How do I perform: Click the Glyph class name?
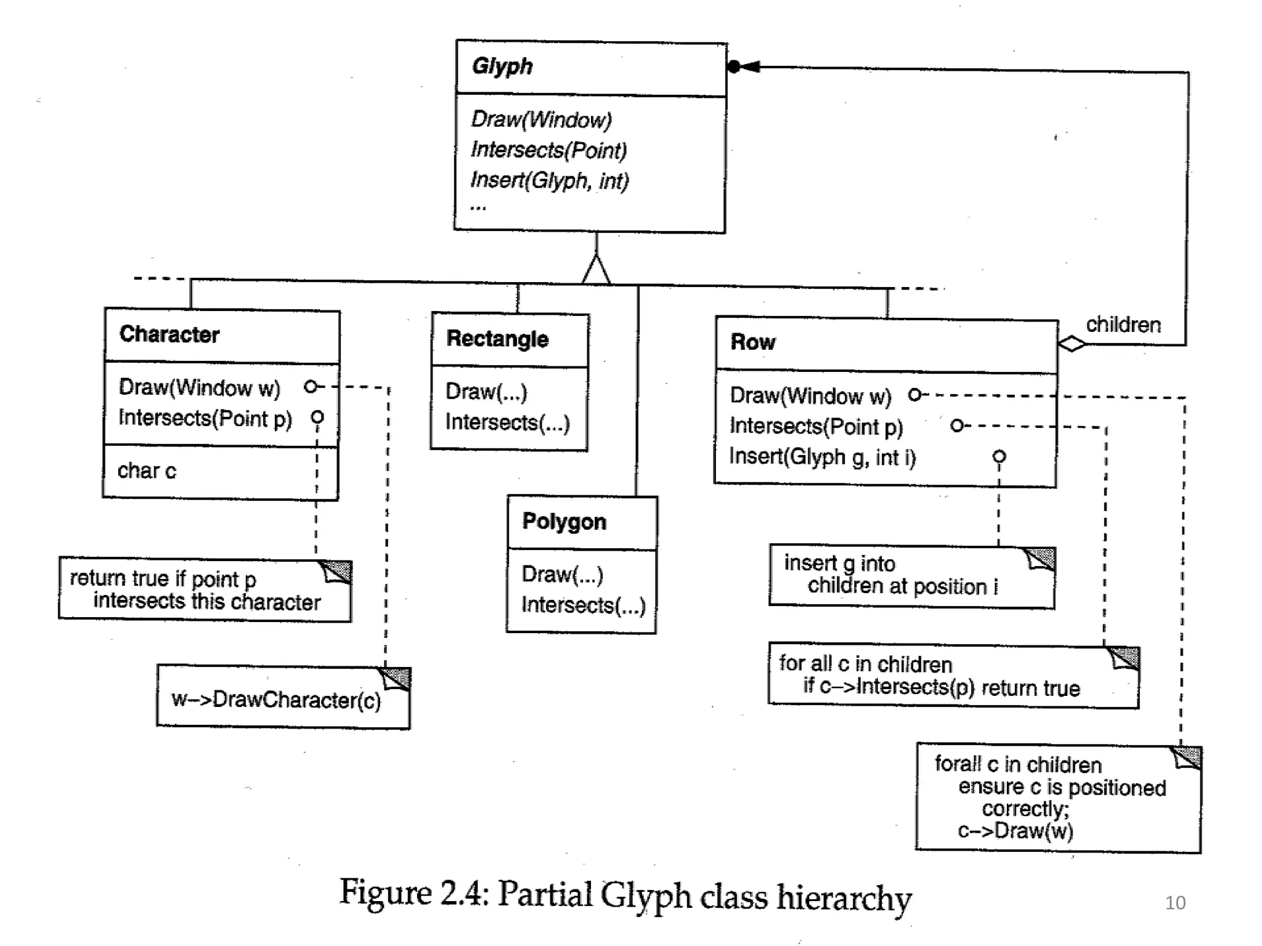[502, 66]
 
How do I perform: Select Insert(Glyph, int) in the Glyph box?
[549, 180]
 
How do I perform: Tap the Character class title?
[169, 334]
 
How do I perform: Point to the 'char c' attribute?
[147, 471]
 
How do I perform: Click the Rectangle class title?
[497, 339]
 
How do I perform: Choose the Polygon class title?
[564, 522]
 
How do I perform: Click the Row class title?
[752, 342]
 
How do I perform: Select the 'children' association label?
[1123, 325]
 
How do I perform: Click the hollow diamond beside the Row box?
[1072, 344]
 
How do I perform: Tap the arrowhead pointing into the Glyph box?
[749, 67]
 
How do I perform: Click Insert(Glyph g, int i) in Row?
[822, 457]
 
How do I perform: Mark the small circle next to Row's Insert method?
[999, 456]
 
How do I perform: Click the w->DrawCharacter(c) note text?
[276, 700]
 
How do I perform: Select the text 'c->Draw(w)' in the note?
[1015, 831]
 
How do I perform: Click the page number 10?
[1174, 903]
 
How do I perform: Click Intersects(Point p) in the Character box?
[205, 418]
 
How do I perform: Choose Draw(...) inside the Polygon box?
[562, 575]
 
